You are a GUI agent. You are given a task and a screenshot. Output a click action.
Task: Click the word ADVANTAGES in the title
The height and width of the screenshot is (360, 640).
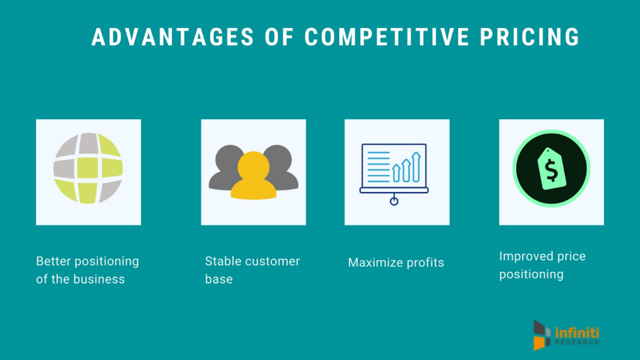172,37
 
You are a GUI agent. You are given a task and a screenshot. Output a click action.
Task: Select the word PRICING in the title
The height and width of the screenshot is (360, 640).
529,37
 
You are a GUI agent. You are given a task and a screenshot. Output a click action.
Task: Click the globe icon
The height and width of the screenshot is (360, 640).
88,168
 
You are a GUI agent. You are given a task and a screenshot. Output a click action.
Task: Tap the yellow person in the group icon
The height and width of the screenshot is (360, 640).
254,176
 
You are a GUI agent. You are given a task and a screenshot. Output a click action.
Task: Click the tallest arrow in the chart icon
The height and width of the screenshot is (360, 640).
416,167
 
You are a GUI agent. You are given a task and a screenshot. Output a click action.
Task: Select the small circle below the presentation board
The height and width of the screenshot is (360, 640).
394,201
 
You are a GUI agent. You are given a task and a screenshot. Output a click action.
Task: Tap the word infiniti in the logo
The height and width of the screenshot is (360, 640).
577,332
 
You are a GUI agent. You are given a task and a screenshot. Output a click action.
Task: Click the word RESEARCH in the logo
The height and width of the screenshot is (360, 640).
577,342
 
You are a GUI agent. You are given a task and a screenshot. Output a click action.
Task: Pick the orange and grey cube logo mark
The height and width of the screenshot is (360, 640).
542,336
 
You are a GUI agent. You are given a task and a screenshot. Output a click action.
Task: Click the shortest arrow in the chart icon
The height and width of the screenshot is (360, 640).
396,172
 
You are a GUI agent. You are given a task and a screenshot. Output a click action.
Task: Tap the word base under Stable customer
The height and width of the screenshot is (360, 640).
219,279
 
